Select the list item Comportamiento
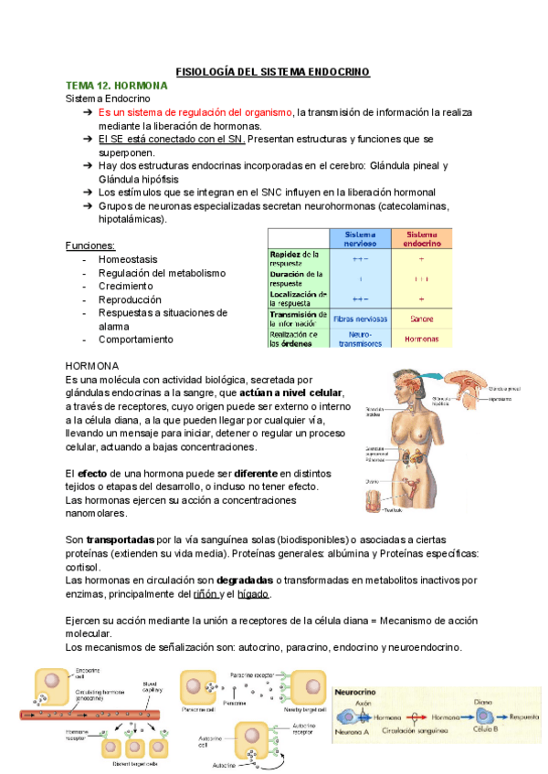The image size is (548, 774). (135, 340)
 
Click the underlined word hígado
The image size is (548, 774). (253, 593)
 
